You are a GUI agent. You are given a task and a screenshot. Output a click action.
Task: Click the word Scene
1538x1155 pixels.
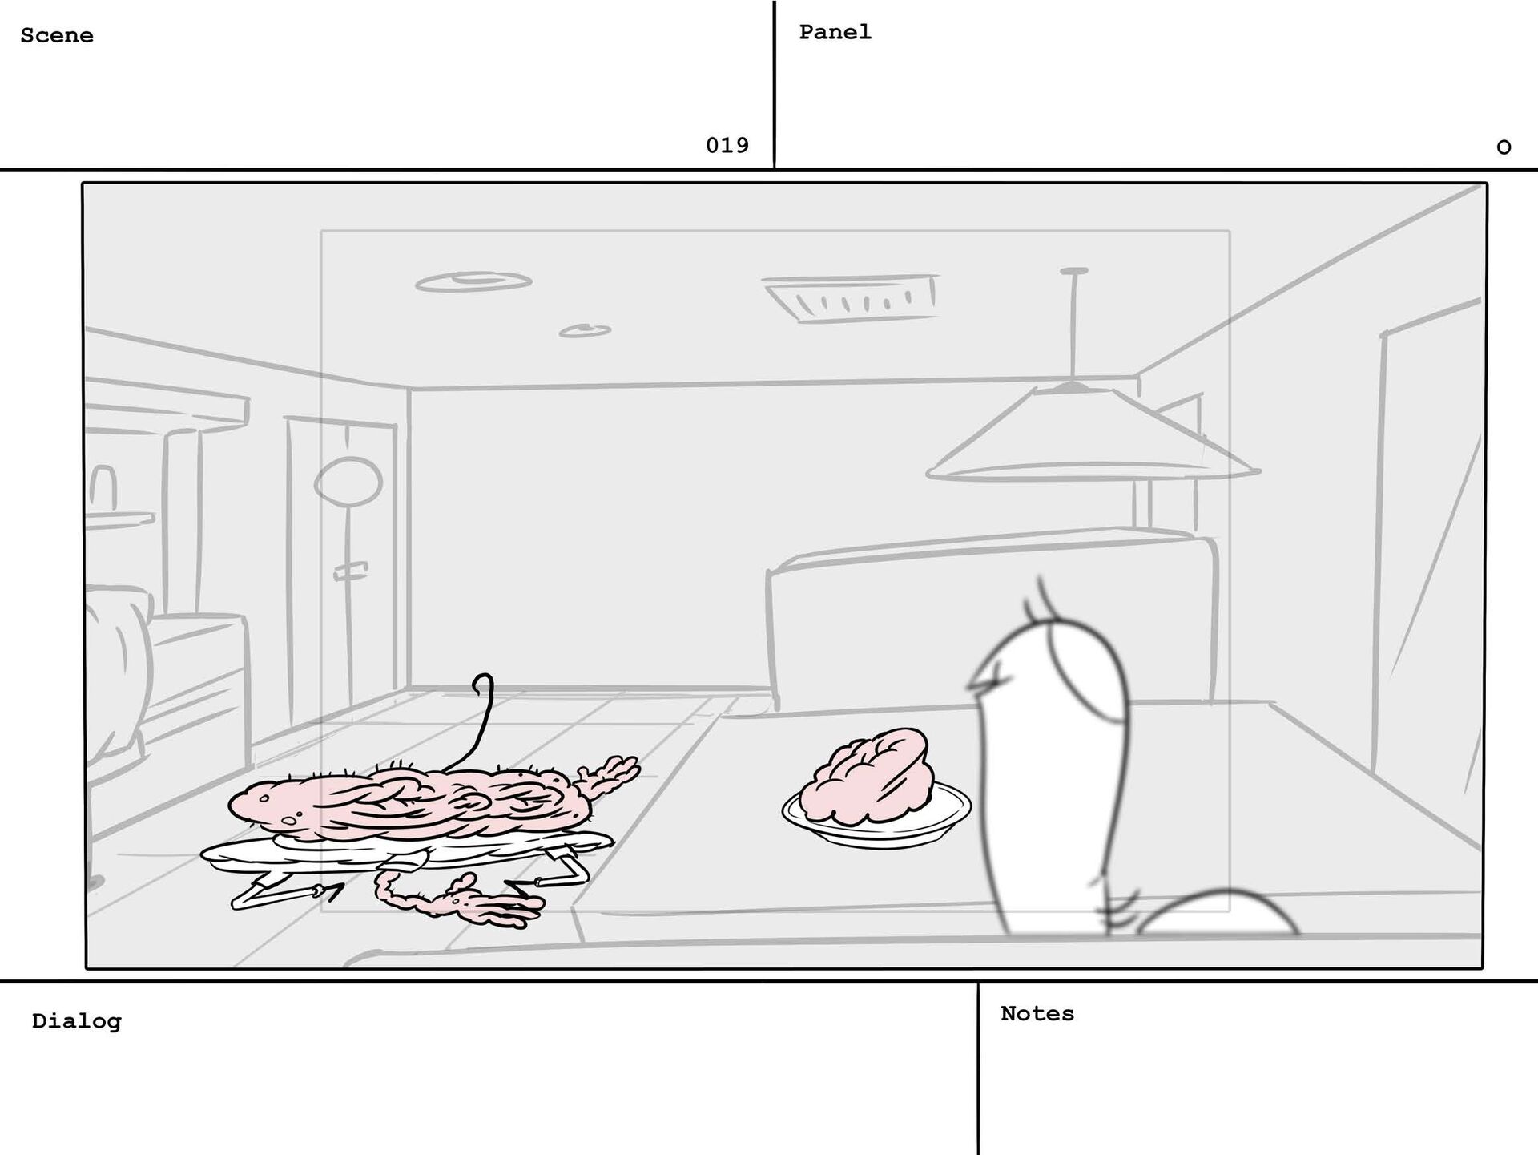click(x=57, y=36)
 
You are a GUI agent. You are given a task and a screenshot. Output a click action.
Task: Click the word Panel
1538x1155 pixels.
click(x=835, y=32)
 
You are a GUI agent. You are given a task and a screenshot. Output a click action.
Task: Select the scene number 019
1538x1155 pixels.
click(x=727, y=145)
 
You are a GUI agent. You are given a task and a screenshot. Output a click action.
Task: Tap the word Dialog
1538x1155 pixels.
click(x=77, y=1021)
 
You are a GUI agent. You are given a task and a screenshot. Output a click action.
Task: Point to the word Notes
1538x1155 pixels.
click(x=1037, y=1013)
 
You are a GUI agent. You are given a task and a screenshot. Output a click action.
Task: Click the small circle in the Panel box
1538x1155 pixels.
click(x=1504, y=147)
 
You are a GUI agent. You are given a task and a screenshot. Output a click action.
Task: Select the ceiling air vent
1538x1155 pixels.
click(x=852, y=297)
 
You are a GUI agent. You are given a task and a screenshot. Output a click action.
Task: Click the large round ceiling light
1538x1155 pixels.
click(x=473, y=281)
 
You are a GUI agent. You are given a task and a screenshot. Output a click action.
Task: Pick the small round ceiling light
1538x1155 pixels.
click(x=585, y=330)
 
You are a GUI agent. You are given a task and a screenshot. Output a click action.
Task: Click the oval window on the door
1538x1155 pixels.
click(x=348, y=483)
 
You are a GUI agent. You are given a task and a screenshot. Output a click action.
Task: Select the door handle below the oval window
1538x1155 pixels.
click(x=351, y=571)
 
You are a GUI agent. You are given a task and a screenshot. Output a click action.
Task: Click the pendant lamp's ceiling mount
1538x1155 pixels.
click(x=1073, y=271)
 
